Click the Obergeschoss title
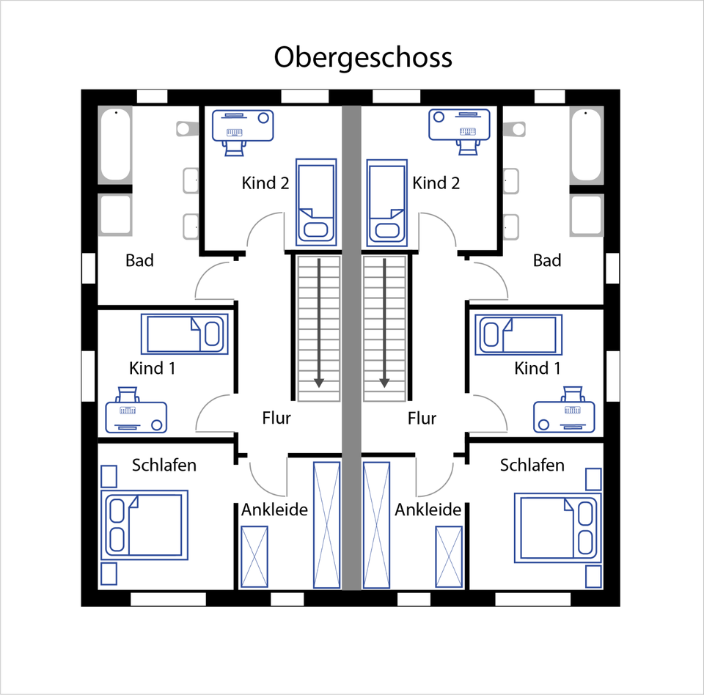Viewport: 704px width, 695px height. (363, 57)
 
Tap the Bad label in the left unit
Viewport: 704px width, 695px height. (139, 260)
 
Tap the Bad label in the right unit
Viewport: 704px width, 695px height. (547, 260)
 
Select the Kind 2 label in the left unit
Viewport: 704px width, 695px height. (265, 183)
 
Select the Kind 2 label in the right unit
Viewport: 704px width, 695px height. (436, 183)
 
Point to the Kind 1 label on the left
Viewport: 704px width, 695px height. (152, 367)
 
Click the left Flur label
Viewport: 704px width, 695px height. (276, 418)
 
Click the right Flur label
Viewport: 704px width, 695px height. (422, 418)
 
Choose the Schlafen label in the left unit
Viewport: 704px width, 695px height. (164, 465)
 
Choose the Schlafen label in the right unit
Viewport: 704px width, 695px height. (532, 465)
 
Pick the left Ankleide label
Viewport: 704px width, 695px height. (274, 510)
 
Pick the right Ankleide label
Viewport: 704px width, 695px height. (428, 510)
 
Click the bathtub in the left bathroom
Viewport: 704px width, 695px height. (115, 144)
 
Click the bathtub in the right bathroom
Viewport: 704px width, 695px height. (586, 144)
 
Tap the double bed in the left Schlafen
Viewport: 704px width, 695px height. (144, 525)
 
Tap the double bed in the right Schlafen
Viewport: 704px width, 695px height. (557, 526)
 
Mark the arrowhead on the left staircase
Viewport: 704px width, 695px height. (319, 382)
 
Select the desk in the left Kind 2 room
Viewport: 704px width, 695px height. (243, 125)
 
